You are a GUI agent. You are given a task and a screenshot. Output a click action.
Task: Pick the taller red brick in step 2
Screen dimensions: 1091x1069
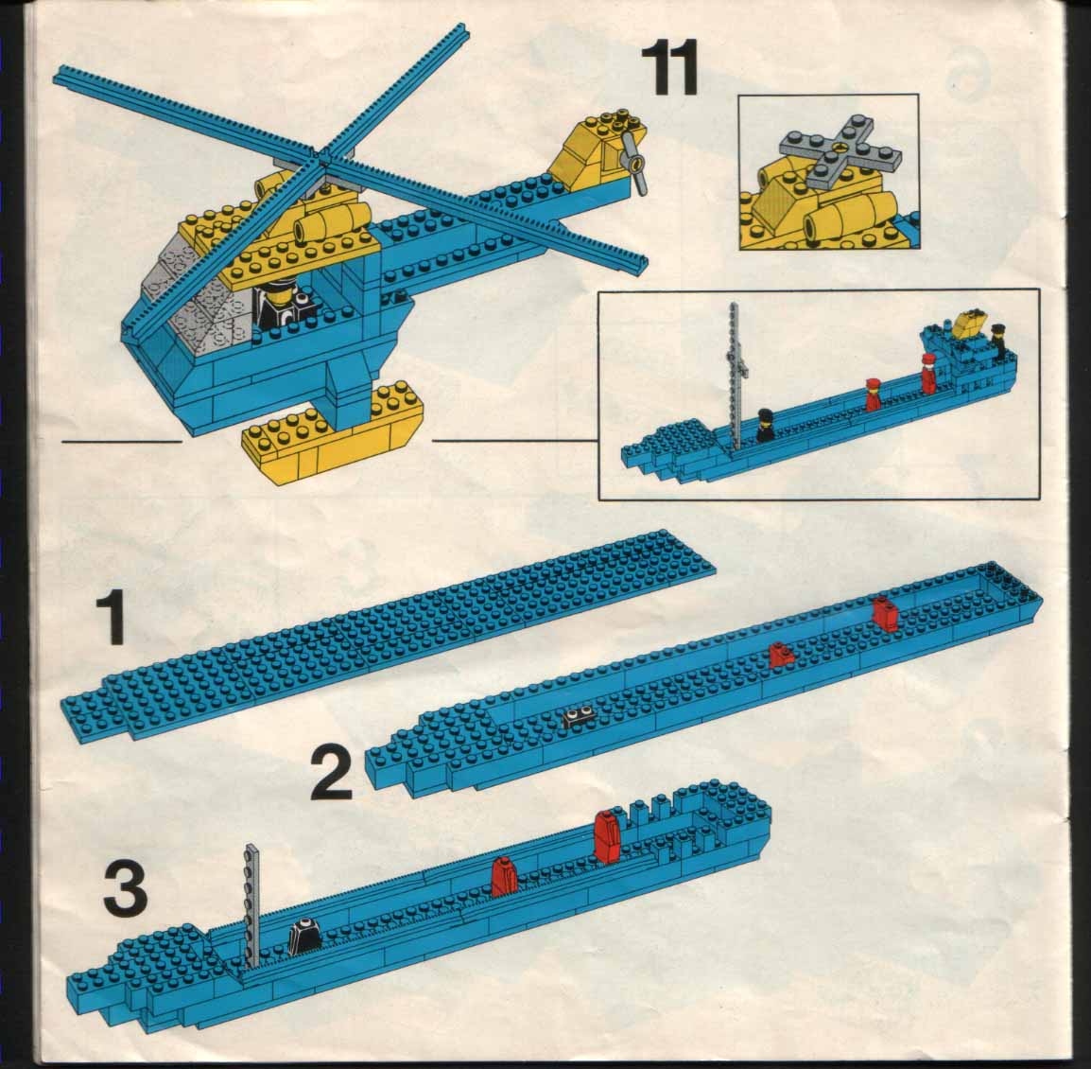884,613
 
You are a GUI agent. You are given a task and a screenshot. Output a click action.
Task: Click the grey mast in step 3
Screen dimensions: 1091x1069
251,905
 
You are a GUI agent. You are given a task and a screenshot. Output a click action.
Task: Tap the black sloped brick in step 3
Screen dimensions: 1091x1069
303,936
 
